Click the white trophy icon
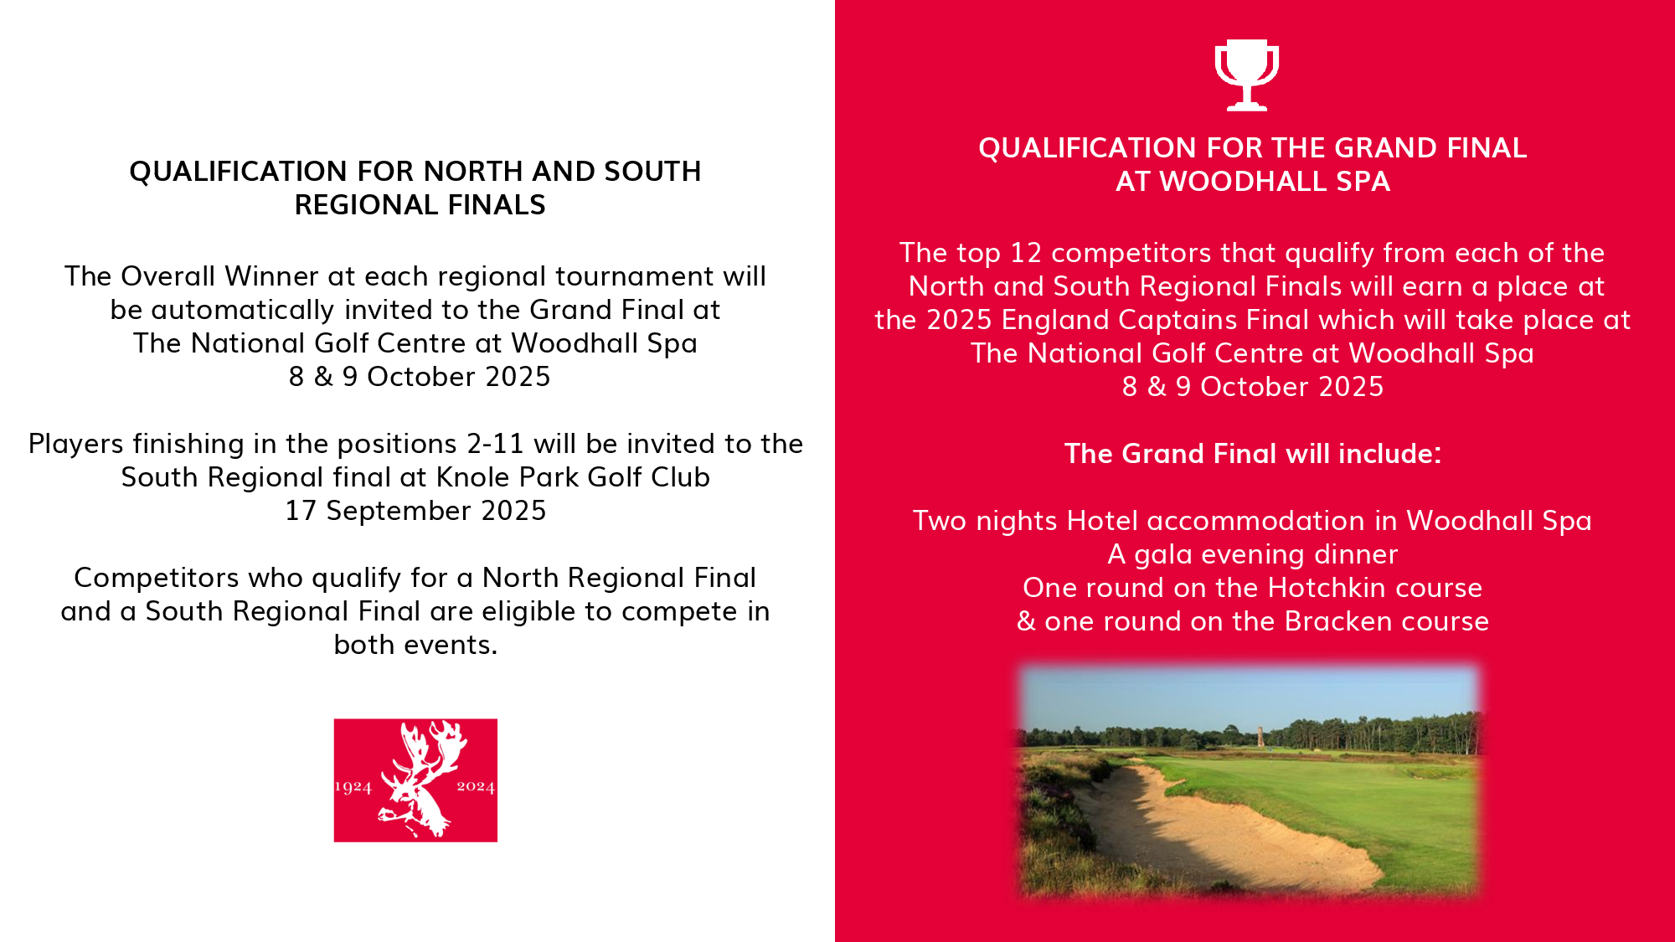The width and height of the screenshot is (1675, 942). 1246,75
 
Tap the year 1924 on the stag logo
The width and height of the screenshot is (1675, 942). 353,787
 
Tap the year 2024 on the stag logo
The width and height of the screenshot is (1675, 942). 476,786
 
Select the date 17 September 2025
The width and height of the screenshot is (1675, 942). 415,511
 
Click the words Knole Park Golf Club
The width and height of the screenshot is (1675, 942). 573,477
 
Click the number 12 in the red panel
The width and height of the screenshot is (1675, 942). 1026,253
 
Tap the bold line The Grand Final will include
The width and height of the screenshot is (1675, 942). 1253,454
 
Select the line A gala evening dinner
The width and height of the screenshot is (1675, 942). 1253,554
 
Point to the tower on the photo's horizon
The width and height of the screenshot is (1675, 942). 1260,734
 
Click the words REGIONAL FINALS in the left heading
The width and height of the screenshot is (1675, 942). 420,205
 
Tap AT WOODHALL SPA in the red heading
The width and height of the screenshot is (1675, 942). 1253,182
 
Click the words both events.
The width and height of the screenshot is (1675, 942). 415,645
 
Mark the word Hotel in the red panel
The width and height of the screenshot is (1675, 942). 1103,521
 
